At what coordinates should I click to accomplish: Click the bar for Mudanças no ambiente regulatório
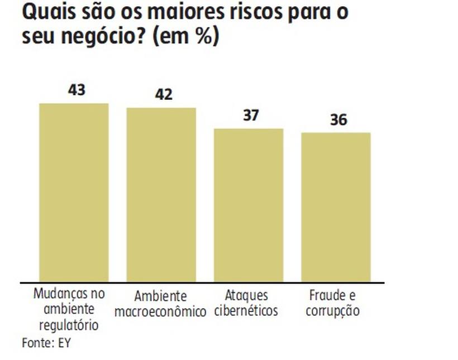[x=73, y=193]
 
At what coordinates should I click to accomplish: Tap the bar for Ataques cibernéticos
[x=249, y=205]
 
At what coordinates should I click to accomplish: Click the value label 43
[x=76, y=89]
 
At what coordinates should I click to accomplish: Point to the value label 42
[x=163, y=94]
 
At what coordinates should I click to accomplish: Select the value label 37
[x=251, y=115]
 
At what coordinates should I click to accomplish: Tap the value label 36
[x=338, y=119]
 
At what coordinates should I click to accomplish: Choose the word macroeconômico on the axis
[x=160, y=311]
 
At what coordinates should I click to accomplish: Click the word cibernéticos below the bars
[x=246, y=310]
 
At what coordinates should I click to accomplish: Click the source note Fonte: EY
[x=46, y=342]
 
